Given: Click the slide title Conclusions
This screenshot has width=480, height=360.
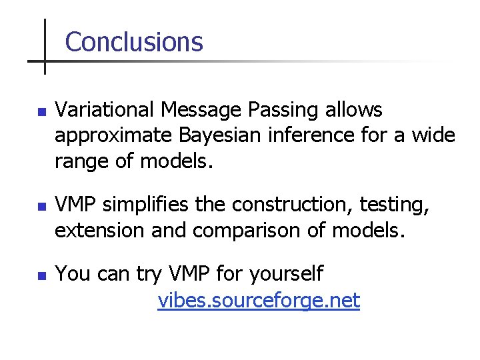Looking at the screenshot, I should click(134, 42).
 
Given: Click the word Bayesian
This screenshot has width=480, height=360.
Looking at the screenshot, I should click(220, 136).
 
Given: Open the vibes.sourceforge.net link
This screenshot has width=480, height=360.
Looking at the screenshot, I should click(259, 301).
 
